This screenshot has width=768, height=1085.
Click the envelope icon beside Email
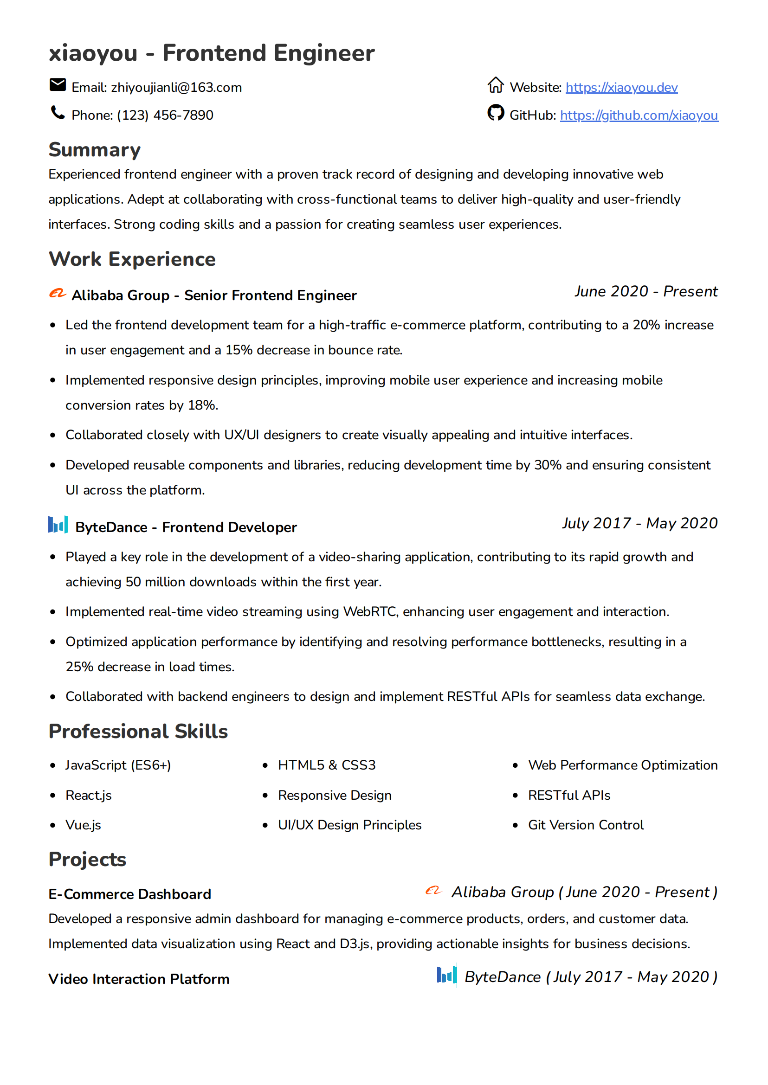(58, 85)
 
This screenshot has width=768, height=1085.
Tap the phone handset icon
(58, 113)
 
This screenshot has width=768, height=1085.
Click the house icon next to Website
(496, 85)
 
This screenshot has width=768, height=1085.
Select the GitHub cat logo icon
(496, 113)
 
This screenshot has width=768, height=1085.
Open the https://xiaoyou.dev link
(621, 88)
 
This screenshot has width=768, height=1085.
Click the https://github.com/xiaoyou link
(639, 116)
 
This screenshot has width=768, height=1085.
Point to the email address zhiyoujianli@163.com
(176, 88)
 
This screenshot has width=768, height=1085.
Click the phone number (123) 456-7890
(165, 116)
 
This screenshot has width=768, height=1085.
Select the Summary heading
(95, 150)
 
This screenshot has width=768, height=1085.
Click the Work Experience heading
(132, 260)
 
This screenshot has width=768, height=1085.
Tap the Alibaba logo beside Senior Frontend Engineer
(58, 294)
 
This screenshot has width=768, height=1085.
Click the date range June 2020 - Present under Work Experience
(646, 292)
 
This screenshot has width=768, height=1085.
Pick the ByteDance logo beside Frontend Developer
(58, 525)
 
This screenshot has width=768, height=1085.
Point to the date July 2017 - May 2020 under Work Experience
(640, 523)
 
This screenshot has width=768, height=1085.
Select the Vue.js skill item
(83, 825)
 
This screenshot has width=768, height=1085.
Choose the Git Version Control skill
(586, 825)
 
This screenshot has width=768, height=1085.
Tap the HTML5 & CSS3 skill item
(327, 765)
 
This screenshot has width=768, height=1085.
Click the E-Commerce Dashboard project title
(130, 894)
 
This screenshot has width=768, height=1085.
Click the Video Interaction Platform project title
(139, 979)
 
